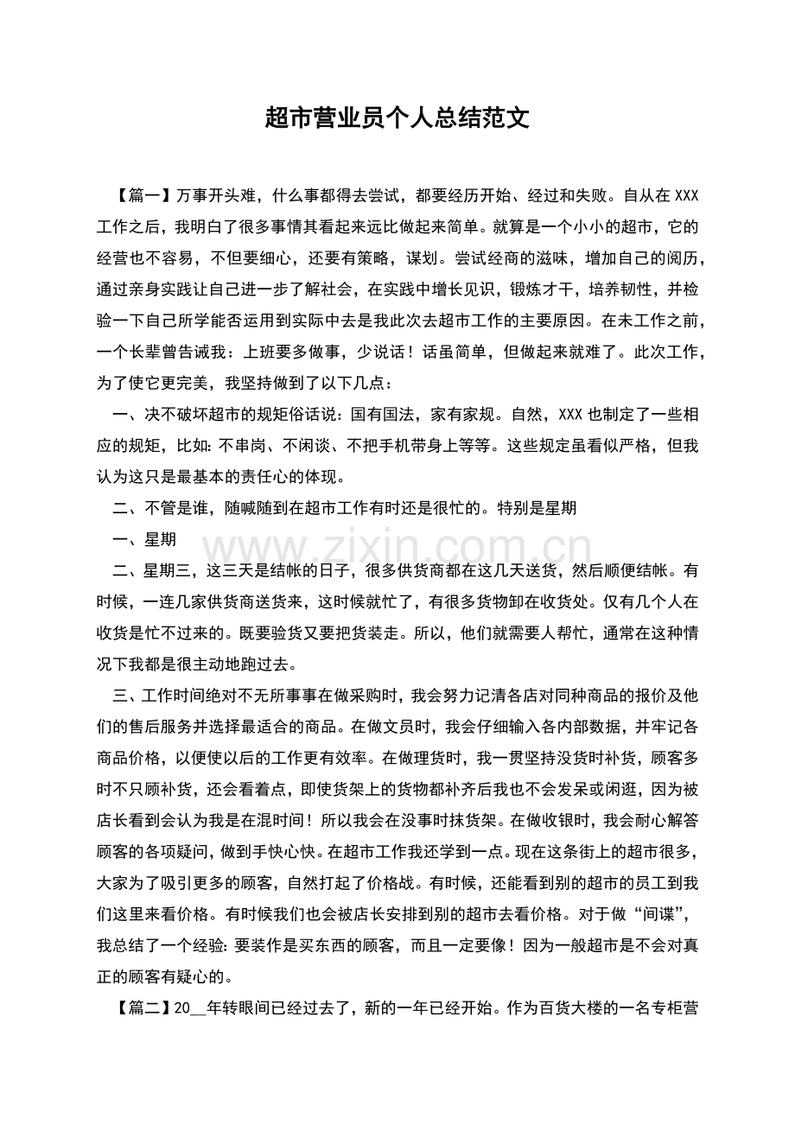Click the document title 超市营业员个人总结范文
click(x=397, y=118)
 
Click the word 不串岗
click(x=245, y=446)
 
